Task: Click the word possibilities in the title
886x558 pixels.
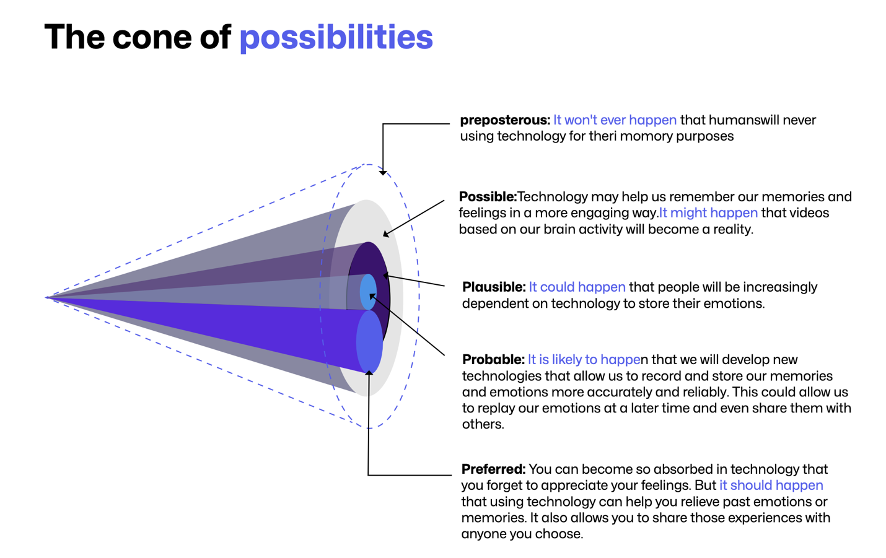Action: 336,38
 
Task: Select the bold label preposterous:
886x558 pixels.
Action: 505,120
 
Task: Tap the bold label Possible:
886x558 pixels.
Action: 488,197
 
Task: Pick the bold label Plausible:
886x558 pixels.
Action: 494,287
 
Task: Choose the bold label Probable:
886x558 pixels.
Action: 493,359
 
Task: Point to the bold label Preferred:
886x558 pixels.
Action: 493,469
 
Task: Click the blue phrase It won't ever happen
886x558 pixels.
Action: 615,120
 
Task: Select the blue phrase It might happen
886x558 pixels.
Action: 708,213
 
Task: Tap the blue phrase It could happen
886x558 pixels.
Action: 577,287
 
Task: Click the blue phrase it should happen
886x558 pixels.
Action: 771,486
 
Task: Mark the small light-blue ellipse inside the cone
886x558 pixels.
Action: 368,292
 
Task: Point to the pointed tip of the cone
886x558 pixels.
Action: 46,297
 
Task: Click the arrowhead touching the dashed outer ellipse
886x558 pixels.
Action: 383,172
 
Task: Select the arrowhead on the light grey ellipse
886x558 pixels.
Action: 386,233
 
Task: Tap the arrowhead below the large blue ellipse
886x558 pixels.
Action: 369,373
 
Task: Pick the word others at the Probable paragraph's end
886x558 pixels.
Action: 483,424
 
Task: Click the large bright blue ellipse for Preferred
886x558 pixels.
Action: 369,342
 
